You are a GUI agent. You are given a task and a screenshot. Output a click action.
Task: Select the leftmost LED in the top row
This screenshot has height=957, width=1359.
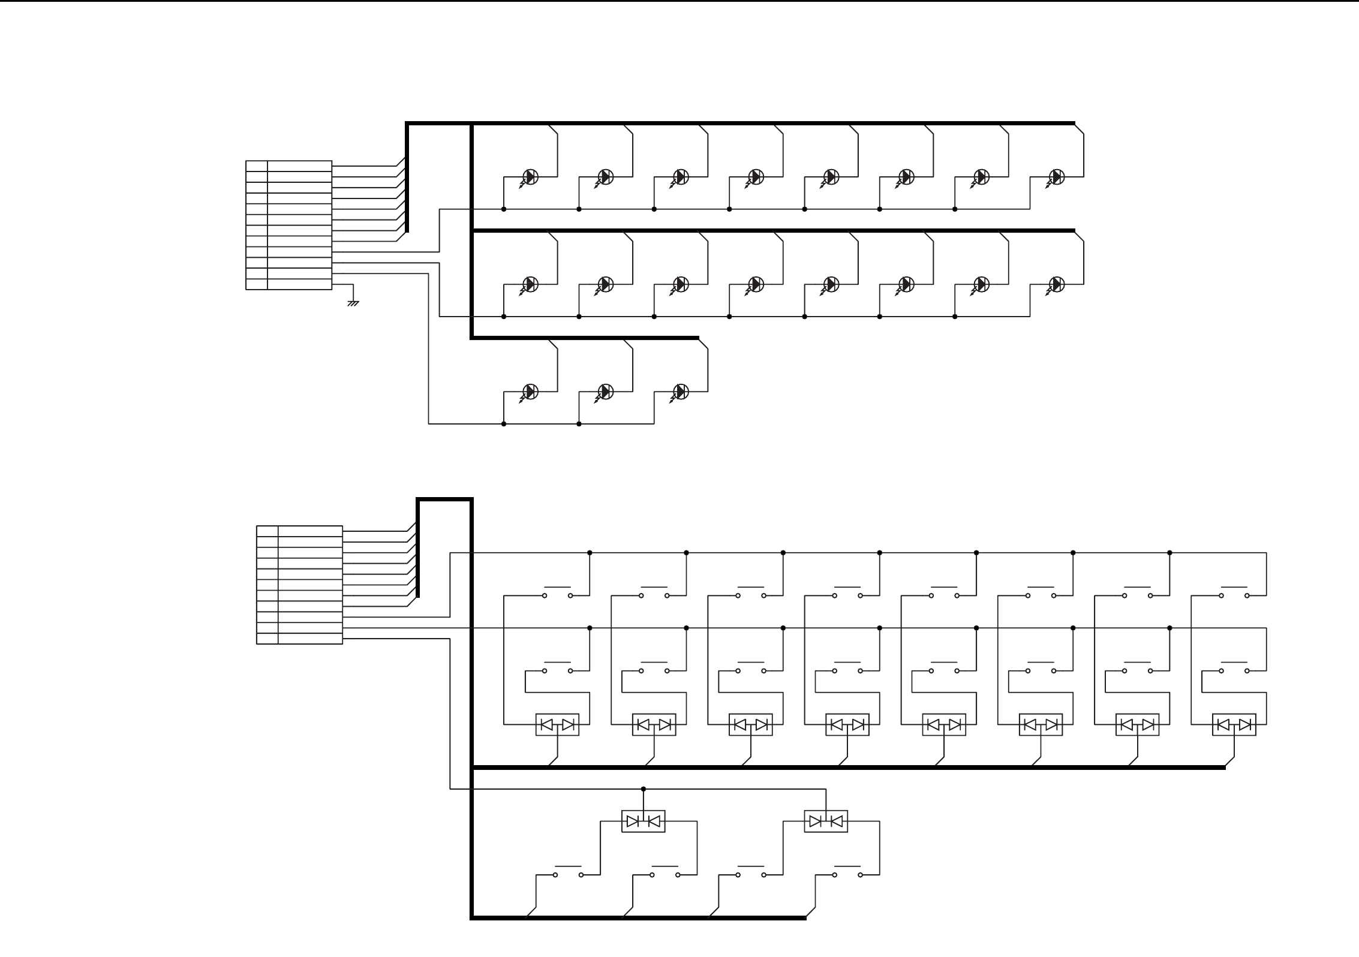pos(530,177)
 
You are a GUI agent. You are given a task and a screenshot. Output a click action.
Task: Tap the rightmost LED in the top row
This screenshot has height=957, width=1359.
pos(1056,177)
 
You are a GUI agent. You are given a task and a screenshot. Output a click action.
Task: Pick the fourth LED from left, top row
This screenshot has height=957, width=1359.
pos(755,177)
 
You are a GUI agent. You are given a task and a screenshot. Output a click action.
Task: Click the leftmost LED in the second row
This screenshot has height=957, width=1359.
pos(530,284)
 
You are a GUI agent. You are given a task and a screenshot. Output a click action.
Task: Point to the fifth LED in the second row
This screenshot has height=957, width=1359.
pos(831,284)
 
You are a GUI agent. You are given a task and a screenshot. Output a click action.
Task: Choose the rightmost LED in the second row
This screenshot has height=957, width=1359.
pos(1056,284)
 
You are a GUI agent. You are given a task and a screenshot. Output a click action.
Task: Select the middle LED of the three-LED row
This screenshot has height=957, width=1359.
pos(605,392)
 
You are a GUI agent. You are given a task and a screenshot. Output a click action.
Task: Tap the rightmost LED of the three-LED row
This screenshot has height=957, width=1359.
pos(680,392)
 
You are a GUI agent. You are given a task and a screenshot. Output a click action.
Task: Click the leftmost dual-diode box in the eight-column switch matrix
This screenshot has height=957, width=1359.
pos(557,724)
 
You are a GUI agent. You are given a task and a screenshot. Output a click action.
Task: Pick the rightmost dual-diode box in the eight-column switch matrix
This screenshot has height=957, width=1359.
pos(1234,724)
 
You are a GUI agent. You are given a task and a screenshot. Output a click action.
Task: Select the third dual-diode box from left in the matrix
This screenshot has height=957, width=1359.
pos(751,724)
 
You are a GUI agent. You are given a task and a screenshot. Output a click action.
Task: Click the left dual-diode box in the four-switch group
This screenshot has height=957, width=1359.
pos(643,821)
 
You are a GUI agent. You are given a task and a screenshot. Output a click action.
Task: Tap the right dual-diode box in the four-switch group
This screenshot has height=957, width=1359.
pos(826,821)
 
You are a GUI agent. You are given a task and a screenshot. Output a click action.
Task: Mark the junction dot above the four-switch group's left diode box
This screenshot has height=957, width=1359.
pos(644,789)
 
